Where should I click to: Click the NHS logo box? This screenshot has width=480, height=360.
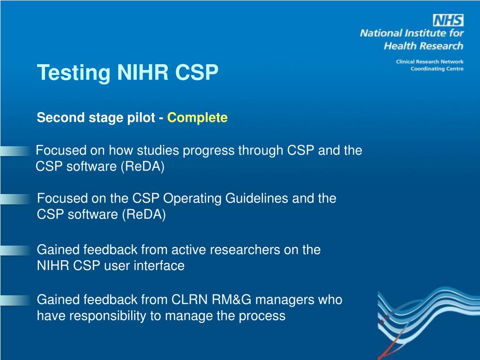coord(448,20)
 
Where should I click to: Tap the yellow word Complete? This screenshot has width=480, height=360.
coord(197,118)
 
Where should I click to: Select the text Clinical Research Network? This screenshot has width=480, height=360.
coord(429,61)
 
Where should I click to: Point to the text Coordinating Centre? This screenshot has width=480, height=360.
coord(437,69)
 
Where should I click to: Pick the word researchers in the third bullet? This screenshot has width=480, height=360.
coord(245,250)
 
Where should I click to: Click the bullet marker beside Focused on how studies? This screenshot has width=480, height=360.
coord(15,151)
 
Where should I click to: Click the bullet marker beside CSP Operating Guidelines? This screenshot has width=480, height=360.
coord(15,199)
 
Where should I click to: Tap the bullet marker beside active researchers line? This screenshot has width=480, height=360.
coord(15,250)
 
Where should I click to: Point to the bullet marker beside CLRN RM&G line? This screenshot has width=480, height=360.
coord(15,300)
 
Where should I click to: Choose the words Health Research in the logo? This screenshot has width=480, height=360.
coord(423,45)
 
